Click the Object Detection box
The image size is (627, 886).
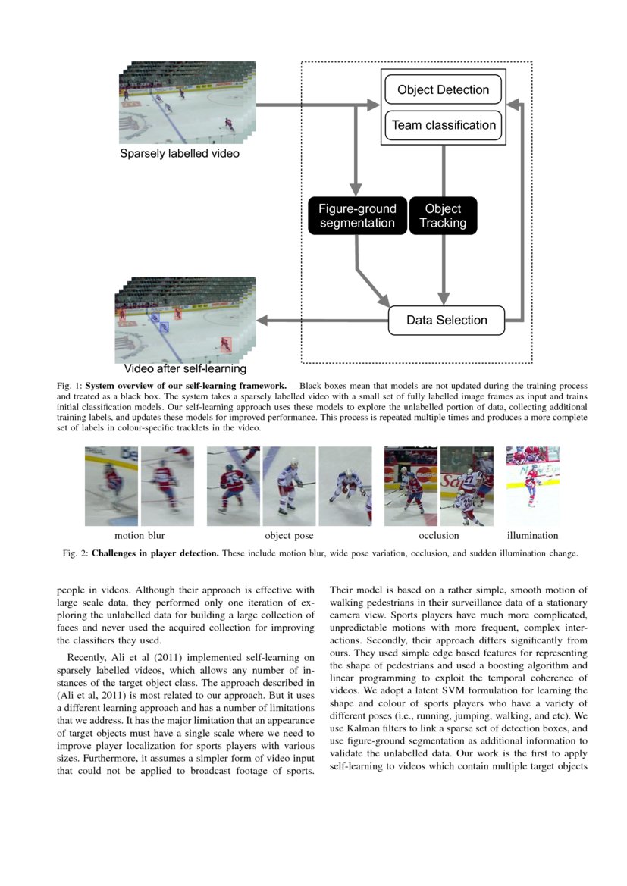click(443, 90)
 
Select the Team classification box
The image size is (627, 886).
click(443, 125)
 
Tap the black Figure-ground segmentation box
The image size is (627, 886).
click(356, 215)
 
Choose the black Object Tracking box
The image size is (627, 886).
click(443, 215)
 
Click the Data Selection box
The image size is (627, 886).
click(446, 320)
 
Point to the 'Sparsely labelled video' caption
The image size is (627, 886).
click(179, 154)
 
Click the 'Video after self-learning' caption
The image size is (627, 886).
click(185, 369)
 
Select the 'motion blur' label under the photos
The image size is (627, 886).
click(140, 535)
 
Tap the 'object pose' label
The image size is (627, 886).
click(288, 535)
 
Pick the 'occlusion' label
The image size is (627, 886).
click(438, 535)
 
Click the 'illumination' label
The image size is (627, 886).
click(532, 535)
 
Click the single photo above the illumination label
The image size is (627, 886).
click(532, 485)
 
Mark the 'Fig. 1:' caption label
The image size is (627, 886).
click(70, 386)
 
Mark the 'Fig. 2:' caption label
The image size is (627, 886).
click(75, 553)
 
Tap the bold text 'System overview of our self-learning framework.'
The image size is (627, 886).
click(186, 386)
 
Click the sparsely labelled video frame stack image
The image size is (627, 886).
click(187, 102)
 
